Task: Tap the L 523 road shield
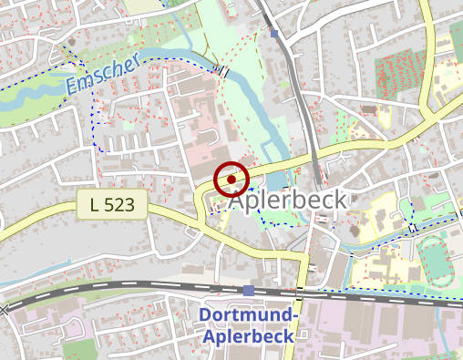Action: [118, 205]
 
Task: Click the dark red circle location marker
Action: [232, 180]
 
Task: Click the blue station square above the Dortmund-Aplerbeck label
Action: [249, 290]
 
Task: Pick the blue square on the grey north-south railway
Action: [275, 35]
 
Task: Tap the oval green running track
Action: [439, 258]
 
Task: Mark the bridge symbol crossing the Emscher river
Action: [221, 69]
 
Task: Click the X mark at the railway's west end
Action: [4, 310]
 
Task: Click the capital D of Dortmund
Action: [204, 316]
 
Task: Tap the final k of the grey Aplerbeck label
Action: [339, 200]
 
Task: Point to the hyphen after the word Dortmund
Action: [296, 316]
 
